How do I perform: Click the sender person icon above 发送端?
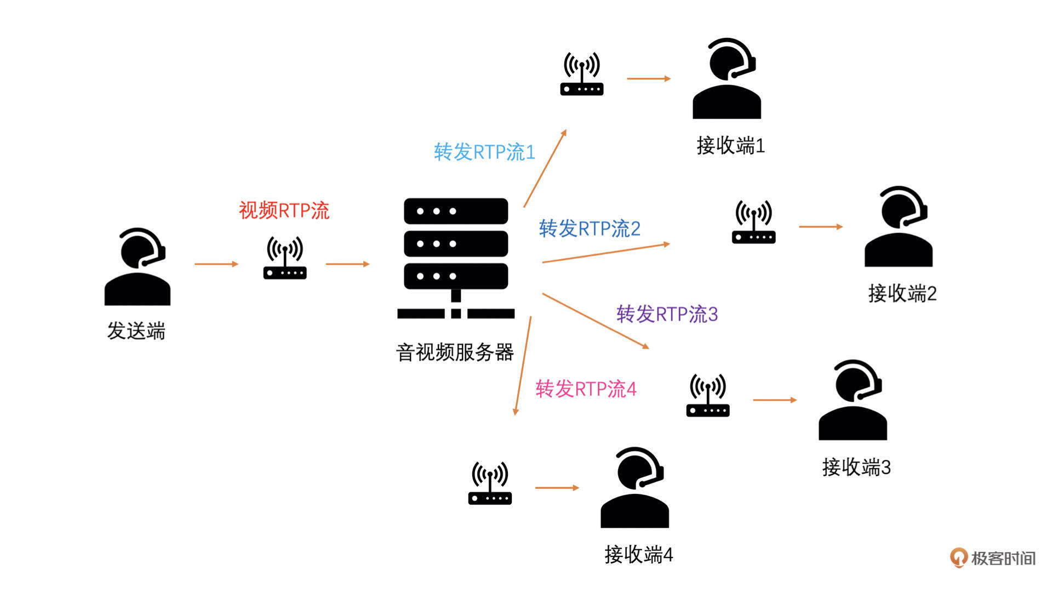[137, 267]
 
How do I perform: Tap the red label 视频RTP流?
[284, 210]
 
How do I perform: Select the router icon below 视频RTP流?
[285, 258]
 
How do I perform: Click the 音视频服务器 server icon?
[456, 258]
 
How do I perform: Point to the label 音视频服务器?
[455, 352]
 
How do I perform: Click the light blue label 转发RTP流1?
[484, 152]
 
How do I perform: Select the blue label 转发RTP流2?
[590, 229]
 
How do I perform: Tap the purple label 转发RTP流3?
[667, 314]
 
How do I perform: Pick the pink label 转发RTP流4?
[586, 389]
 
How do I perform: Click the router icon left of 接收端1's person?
[582, 74]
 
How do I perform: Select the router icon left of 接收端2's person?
[754, 222]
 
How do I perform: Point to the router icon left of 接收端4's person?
[490, 483]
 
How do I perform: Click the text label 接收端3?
[856, 468]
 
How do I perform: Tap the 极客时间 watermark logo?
[992, 558]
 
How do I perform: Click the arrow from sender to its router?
[216, 264]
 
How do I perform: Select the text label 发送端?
[136, 331]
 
